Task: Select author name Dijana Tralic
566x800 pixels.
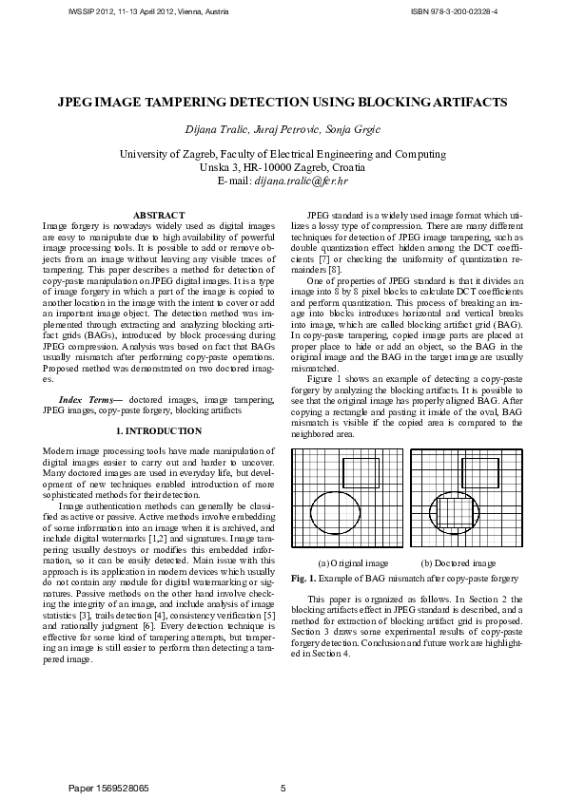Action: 221,128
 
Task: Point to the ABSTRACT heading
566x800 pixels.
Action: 159,217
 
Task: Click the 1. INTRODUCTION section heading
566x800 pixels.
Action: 159,431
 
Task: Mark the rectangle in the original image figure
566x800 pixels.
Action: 361,472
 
